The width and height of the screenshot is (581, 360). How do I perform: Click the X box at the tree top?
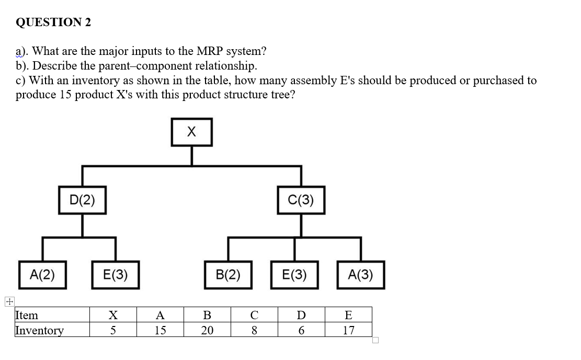tap(191, 132)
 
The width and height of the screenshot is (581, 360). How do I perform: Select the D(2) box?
tap(82, 200)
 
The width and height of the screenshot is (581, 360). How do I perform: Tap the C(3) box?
tap(301, 200)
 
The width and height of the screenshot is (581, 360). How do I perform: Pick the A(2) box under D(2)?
tap(42, 275)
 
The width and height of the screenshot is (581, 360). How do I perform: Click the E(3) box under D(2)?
tap(116, 275)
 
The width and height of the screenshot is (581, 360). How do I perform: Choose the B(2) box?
tap(228, 275)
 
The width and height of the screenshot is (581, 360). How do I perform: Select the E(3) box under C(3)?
tap(294, 275)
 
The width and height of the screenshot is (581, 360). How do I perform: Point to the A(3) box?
tap(360, 275)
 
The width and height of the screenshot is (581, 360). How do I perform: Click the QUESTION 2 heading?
tap(53, 22)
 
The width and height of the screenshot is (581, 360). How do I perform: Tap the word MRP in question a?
tap(210, 51)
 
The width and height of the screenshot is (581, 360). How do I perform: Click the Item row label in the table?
tap(27, 315)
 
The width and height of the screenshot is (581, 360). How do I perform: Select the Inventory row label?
tap(39, 330)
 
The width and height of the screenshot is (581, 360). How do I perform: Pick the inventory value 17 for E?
tap(348, 330)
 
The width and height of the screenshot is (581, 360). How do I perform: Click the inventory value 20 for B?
tap(207, 330)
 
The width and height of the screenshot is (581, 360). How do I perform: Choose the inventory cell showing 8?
tap(254, 330)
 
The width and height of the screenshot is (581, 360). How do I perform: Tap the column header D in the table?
tap(301, 315)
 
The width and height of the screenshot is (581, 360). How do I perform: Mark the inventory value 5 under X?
tap(112, 330)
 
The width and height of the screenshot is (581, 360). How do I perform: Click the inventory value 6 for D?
tap(301, 330)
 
